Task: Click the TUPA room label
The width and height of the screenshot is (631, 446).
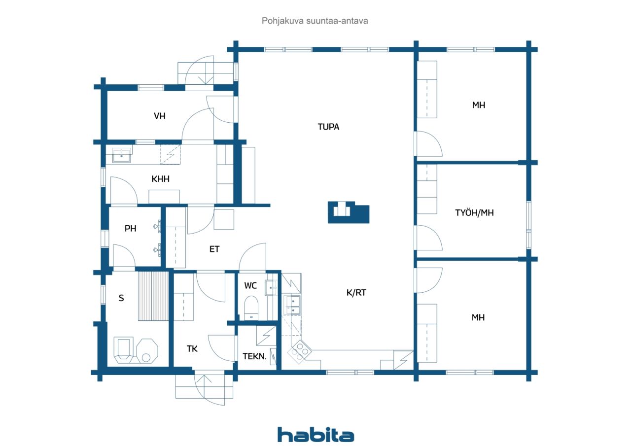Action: [x=328, y=127]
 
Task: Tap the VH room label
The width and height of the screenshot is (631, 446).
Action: [x=159, y=116]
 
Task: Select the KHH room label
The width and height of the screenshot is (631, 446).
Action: [x=160, y=179]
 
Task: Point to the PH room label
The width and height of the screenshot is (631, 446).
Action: [x=131, y=229]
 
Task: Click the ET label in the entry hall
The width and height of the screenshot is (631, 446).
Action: [x=214, y=249]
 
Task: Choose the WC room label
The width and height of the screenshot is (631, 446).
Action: [x=250, y=286]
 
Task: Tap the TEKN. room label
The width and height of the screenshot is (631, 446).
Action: [x=255, y=356]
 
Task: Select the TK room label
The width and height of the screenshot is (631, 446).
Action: [x=192, y=349]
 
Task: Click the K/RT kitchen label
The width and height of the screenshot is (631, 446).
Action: [x=356, y=293]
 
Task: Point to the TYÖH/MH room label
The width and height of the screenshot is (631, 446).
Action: [x=474, y=213]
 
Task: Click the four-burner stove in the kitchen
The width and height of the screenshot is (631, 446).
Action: [x=300, y=352]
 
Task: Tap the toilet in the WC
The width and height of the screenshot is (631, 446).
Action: [x=251, y=308]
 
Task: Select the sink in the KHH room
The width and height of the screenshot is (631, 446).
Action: [x=122, y=155]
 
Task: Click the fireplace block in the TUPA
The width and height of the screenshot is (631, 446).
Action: [x=349, y=212]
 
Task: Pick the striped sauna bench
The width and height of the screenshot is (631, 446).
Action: [x=153, y=296]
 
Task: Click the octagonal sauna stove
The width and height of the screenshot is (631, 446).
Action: [x=147, y=351]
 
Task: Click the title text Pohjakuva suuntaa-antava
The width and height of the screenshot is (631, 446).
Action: [x=315, y=21]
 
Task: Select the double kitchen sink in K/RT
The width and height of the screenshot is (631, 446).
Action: [x=292, y=305]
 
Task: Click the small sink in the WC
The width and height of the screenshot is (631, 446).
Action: [x=271, y=288]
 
